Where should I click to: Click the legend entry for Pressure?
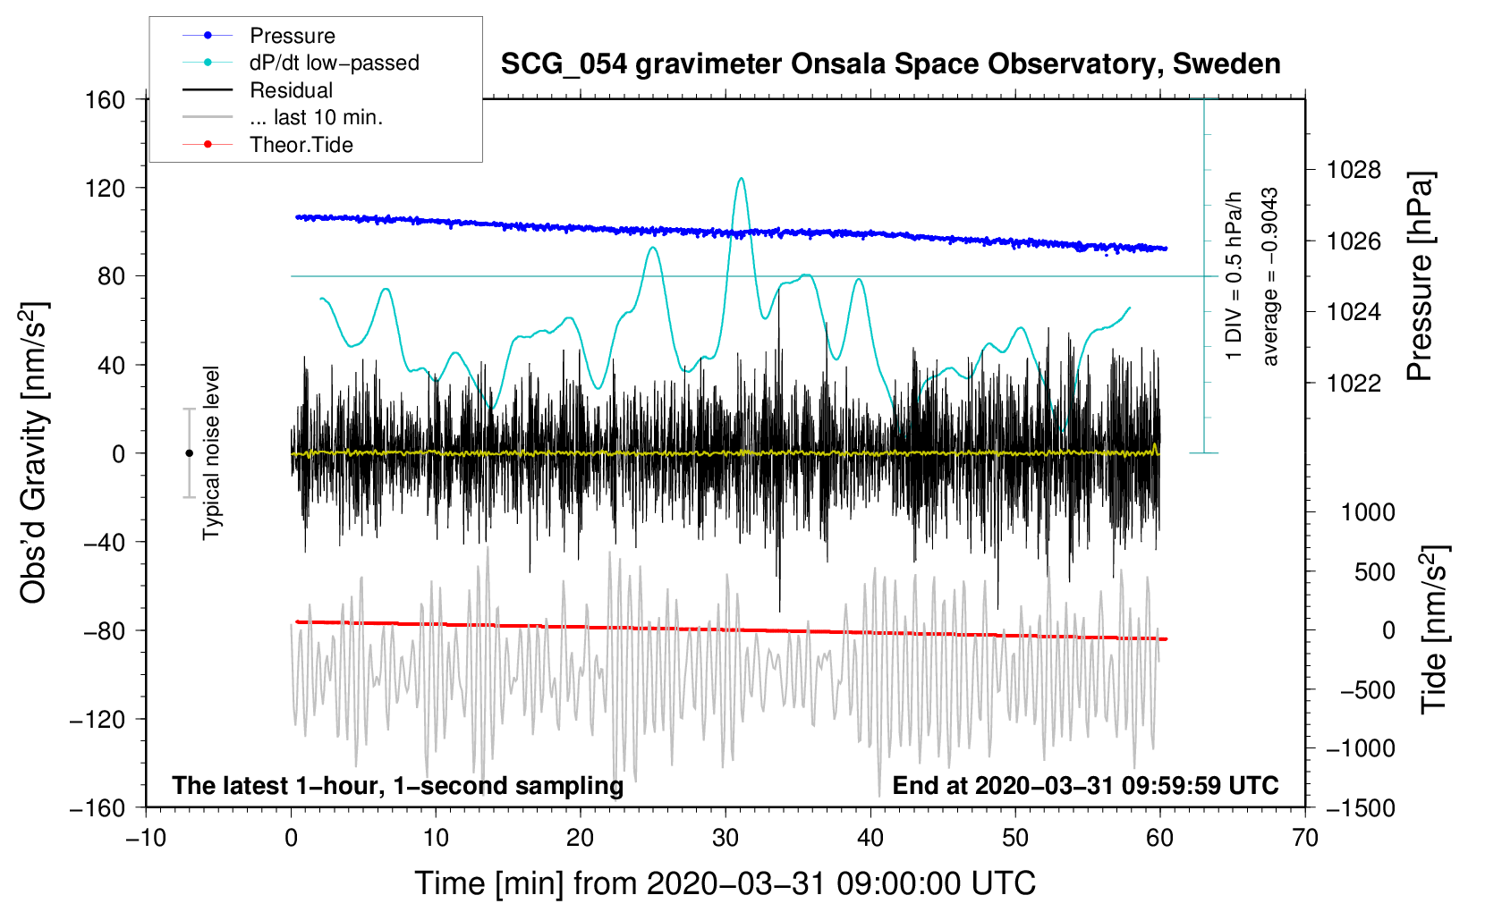pos(292,36)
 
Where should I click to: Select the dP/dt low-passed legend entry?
pos(334,63)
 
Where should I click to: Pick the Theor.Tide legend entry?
pos(301,145)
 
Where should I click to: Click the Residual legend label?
pos(291,90)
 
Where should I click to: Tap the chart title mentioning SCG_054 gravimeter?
pos(890,64)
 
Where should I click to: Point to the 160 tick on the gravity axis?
pos(105,99)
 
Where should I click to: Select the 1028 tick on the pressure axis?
pos(1353,170)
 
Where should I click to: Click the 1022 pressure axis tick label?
pos(1353,383)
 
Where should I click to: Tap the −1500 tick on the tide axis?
pos(1360,807)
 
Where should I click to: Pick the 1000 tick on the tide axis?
pos(1367,512)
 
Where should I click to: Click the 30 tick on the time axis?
pos(726,838)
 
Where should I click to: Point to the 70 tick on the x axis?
pos(1305,838)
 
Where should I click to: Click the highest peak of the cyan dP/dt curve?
pos(741,179)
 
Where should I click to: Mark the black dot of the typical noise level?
pos(189,453)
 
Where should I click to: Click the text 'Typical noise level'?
pos(211,452)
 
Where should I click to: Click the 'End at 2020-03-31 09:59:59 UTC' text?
pos(1085,785)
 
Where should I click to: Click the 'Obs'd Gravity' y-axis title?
pos(34,452)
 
